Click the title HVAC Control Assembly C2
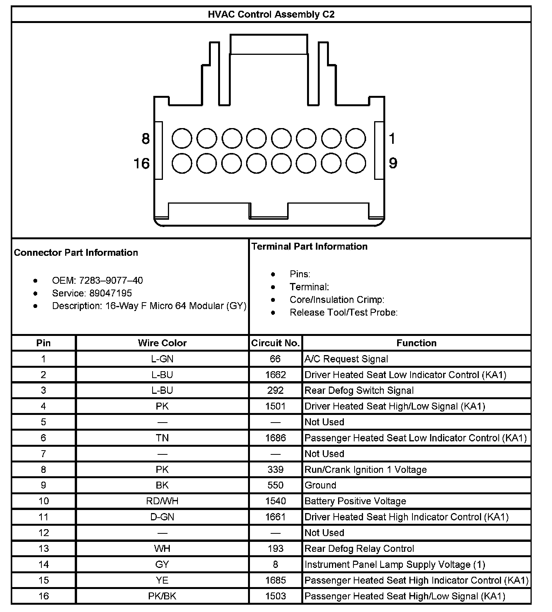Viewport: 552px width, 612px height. point(271,15)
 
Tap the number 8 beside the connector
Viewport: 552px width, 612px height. point(145,138)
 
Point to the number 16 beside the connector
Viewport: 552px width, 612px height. point(141,163)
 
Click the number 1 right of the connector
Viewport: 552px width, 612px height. point(392,138)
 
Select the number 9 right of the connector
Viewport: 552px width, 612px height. point(393,163)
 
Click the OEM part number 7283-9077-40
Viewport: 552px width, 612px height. point(111,280)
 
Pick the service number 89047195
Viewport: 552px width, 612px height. point(110,293)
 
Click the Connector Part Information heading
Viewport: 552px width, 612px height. point(76,253)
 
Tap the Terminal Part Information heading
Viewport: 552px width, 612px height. point(309,247)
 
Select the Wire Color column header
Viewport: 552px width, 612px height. point(162,343)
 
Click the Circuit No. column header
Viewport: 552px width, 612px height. point(275,343)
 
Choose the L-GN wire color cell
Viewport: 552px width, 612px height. point(162,359)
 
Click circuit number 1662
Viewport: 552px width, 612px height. point(275,375)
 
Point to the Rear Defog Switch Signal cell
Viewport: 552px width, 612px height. point(359,390)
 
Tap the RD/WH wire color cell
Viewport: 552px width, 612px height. point(162,501)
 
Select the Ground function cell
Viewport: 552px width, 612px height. point(320,485)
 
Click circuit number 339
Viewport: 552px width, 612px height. point(275,469)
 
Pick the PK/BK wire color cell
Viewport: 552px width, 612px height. point(162,596)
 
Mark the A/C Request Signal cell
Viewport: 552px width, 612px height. point(346,359)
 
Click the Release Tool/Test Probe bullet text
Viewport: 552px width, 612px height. point(343,313)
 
